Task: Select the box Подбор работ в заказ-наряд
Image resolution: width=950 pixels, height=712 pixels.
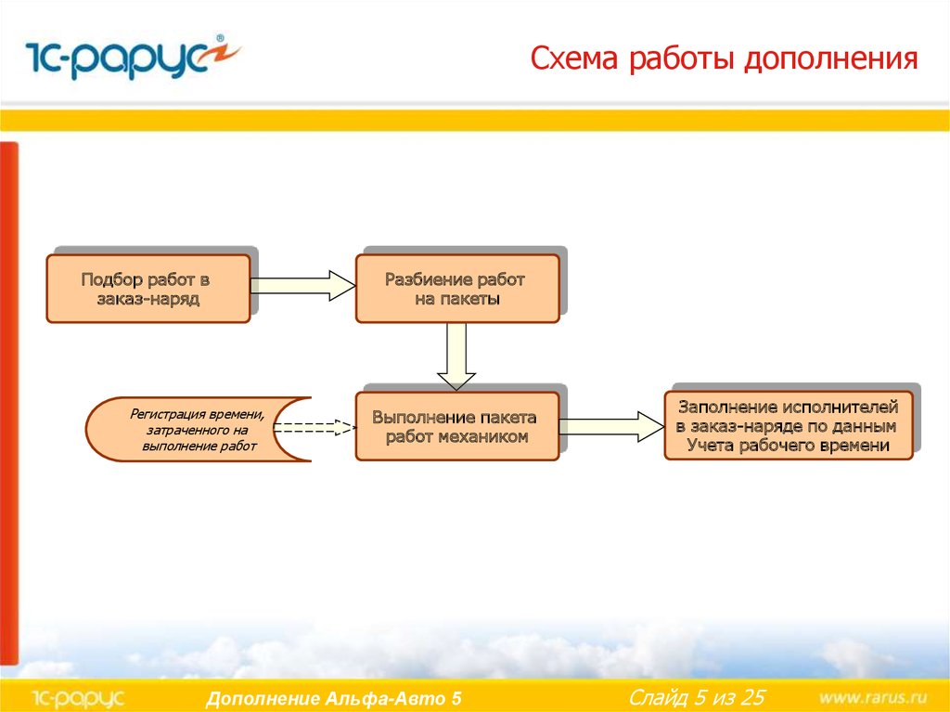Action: [148, 289]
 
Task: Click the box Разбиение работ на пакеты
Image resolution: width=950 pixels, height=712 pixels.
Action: [457, 289]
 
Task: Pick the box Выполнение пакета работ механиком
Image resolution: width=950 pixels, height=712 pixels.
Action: [457, 426]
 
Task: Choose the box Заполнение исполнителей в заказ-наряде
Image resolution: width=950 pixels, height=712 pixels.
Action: [789, 425]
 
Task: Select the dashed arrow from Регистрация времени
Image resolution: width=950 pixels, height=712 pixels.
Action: [314, 428]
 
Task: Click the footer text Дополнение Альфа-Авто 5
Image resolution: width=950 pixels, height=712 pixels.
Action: [333, 699]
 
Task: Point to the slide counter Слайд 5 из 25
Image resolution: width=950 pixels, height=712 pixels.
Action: [697, 697]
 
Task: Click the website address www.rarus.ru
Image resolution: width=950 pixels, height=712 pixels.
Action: [875, 697]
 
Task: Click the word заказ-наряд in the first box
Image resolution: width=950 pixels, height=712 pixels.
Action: [148, 299]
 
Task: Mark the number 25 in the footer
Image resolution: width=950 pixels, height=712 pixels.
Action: [751, 697]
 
